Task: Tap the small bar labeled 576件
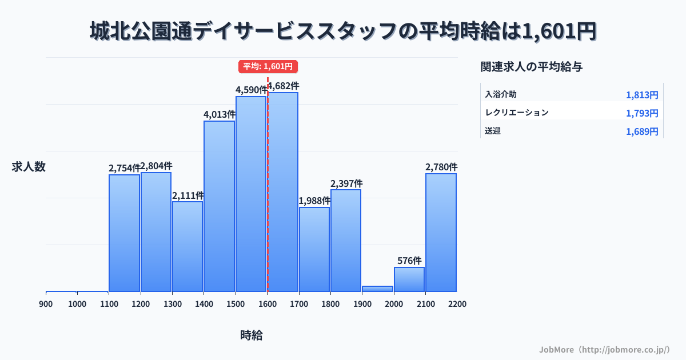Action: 409,279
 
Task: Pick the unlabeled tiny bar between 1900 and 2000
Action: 377,289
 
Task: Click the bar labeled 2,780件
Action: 441,232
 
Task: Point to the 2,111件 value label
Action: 188,195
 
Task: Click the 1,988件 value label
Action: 314,201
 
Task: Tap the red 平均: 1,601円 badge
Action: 268,66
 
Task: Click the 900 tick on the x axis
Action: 46,304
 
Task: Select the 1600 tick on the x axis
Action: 267,304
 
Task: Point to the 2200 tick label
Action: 457,304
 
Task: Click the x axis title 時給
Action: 252,335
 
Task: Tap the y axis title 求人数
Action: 29,167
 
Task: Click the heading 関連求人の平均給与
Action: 532,67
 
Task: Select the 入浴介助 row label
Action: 501,94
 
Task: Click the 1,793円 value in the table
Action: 642,113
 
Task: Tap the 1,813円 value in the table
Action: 642,95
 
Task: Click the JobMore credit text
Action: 604,349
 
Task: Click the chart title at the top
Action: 343,31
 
